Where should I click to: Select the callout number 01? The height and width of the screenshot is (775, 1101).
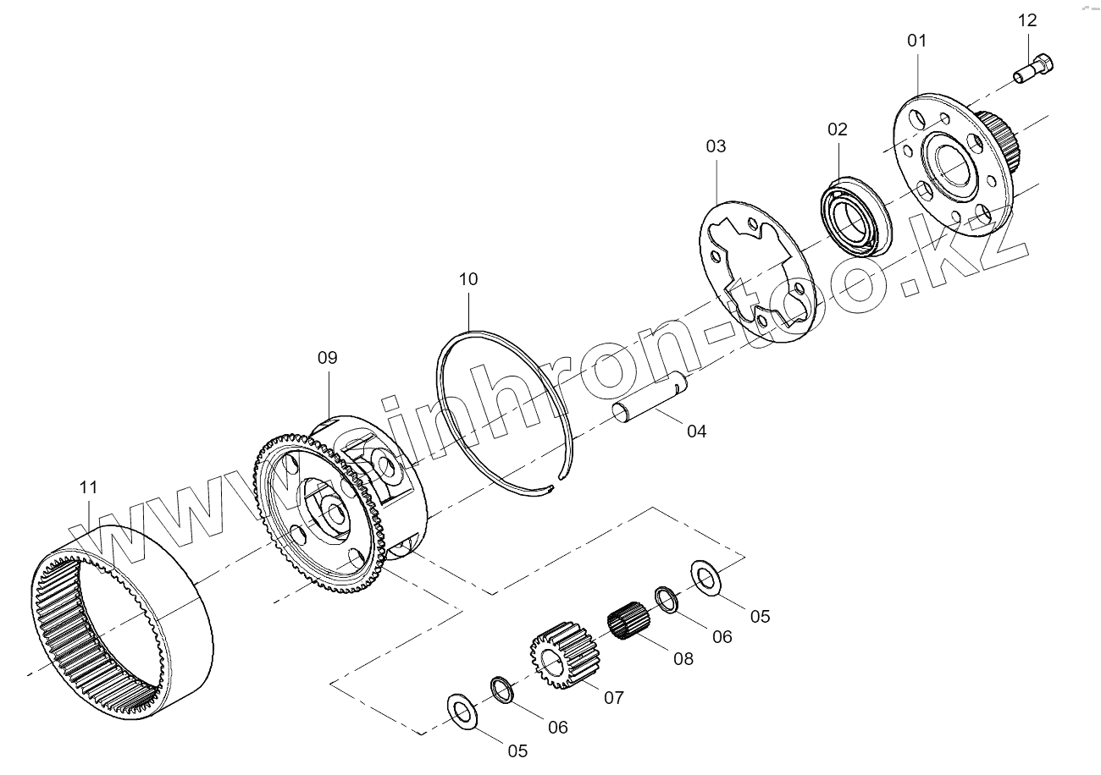point(917,41)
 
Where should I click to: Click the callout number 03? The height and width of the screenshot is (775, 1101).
point(716,146)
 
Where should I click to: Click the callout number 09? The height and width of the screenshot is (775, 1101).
point(328,358)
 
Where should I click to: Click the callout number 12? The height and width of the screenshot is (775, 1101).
point(1026,20)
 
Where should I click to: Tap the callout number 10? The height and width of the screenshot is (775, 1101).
point(468,279)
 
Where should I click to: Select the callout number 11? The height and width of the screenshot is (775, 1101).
point(89,487)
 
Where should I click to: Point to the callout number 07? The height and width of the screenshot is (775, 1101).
point(614,698)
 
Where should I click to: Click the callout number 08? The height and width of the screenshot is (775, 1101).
point(683,658)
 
